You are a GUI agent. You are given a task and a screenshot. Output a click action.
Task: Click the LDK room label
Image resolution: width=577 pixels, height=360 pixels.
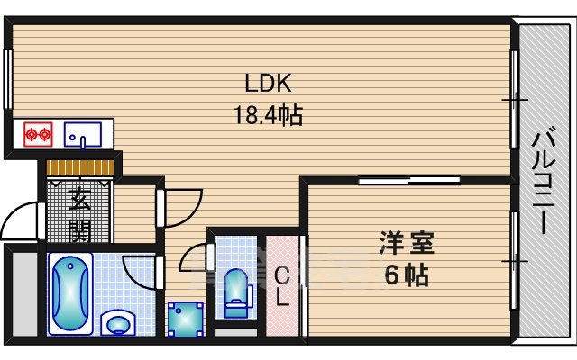pos(268,84)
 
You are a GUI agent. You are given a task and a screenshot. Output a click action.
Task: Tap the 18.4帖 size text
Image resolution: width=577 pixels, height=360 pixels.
pos(268,115)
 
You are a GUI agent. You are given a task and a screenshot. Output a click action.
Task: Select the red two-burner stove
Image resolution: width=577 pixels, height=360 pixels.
pos(36,135)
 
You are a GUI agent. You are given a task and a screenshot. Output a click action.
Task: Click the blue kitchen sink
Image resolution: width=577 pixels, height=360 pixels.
pos(81,135)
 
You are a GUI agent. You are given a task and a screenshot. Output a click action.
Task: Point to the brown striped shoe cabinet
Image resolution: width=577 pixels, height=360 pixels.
pos(80,168)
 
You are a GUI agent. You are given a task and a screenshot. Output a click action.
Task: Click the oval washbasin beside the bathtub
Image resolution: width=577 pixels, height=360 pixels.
pos(117,322)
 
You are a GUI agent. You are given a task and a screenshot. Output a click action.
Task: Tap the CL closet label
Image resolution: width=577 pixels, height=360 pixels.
pos(282,287)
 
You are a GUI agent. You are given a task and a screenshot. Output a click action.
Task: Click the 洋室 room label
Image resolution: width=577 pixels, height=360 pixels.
pos(407,242)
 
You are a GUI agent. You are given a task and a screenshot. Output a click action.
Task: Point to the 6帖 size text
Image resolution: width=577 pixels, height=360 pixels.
pos(407,274)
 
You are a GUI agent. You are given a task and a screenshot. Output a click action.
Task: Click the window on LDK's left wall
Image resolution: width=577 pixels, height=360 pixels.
pos(7,79)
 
